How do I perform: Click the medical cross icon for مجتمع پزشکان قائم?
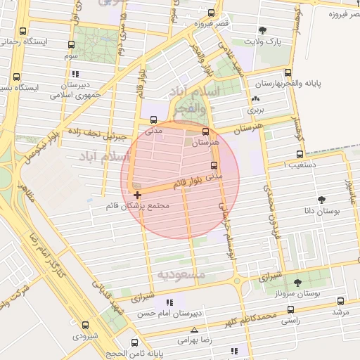click(136, 194)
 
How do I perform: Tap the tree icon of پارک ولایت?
click(262, 30)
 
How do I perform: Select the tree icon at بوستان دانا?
click(322, 199)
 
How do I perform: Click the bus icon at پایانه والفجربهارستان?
click(287, 72)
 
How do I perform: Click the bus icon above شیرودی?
click(85, 325)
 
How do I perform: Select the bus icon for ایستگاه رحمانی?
click(23, 31)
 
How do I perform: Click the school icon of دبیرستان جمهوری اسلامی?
click(75, 73)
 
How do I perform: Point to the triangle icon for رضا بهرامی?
click(194, 330)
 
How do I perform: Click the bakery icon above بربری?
click(255, 100)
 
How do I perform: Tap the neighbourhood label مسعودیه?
click(181, 274)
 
